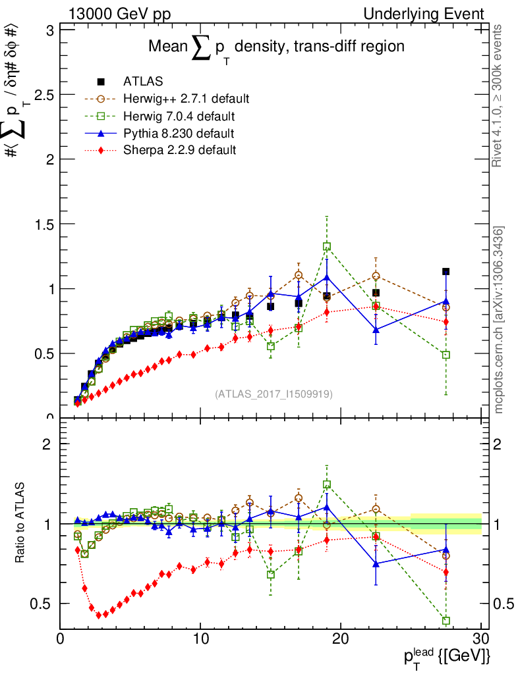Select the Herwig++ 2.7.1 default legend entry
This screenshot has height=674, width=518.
[185, 99]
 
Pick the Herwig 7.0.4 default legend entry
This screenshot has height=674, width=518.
[179, 116]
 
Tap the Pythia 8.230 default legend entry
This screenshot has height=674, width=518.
[179, 133]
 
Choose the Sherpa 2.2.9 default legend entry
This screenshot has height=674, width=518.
[179, 150]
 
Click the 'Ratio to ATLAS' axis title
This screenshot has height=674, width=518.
[21, 524]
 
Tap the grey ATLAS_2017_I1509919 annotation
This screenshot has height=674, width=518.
[273, 394]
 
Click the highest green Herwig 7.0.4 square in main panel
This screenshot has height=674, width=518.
[327, 247]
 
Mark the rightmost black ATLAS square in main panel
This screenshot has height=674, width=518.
[446, 271]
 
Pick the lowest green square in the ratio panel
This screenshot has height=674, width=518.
[446, 621]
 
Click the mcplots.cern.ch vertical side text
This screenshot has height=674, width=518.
[500, 321]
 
